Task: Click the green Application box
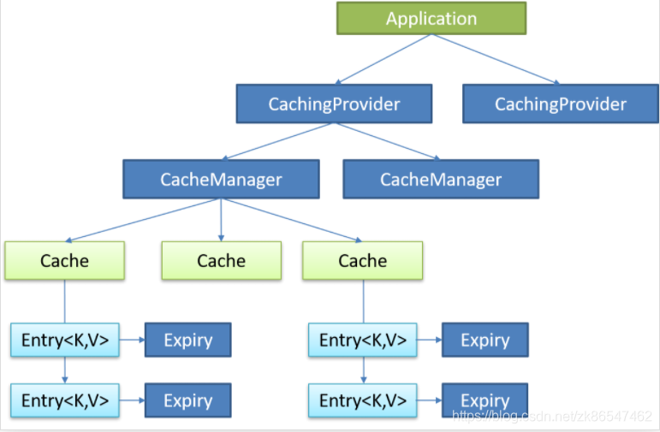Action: pyautogui.click(x=431, y=19)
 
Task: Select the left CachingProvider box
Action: pyautogui.click(x=334, y=104)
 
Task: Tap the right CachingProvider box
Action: pyautogui.click(x=561, y=104)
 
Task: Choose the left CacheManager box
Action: pyautogui.click(x=221, y=180)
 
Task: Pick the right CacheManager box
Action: pyautogui.click(x=441, y=180)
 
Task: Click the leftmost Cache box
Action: pyautogui.click(x=64, y=261)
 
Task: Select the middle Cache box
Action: pyautogui.click(x=221, y=261)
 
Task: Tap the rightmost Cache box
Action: pyautogui.click(x=362, y=261)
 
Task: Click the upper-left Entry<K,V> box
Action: pyautogui.click(x=65, y=340)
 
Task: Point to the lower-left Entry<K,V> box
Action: pyautogui.click(x=65, y=400)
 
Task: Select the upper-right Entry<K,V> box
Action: pyautogui.click(x=363, y=340)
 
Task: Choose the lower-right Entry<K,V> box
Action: pyautogui.click(x=363, y=400)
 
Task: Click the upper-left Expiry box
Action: pyautogui.click(x=187, y=340)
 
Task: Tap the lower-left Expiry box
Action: pyautogui.click(x=187, y=400)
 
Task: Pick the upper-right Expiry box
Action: pyautogui.click(x=485, y=340)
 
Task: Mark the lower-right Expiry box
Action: pyautogui.click(x=485, y=400)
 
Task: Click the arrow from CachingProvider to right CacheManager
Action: pyautogui.click(x=385, y=141)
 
